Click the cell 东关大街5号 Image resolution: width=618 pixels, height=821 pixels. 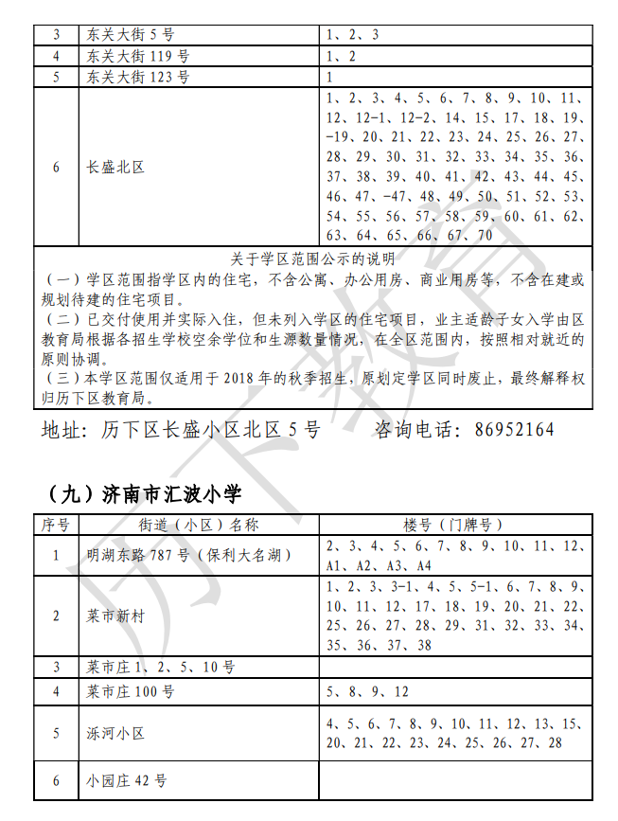coord(131,35)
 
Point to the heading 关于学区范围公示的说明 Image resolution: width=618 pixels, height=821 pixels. coord(313,259)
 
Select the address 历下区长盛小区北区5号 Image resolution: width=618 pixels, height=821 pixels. coord(210,430)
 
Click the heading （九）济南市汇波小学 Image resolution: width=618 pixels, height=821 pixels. coord(143,493)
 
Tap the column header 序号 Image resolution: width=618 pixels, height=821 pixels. coord(56,526)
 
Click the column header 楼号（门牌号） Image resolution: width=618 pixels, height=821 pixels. coord(455,526)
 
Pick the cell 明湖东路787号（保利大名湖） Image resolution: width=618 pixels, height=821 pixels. coord(190,556)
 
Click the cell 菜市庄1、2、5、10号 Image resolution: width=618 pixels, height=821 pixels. coord(160,668)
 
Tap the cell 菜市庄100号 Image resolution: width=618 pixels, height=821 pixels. coord(131,691)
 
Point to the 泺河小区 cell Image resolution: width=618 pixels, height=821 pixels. coord(115,733)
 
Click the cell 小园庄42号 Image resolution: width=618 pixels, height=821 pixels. coord(127,781)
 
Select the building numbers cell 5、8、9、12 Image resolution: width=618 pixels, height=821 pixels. coord(368,691)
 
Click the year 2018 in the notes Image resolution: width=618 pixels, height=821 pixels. coord(239,378)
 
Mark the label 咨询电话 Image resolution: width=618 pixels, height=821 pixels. coord(411,430)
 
